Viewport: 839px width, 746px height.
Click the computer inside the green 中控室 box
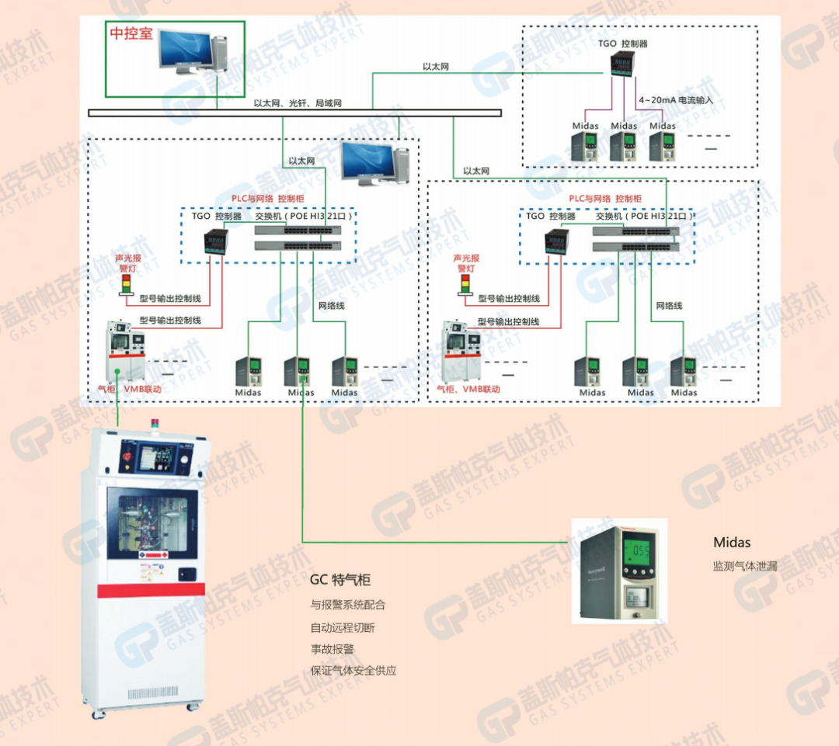pos(185,54)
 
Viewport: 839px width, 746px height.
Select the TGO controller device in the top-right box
pos(622,64)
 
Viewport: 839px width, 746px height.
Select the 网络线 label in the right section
pos(669,306)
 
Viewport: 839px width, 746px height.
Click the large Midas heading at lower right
pos(732,543)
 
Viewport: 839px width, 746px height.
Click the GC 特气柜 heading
pos(340,580)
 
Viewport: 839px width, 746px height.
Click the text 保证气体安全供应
pos(353,671)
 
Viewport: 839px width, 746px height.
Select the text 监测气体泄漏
pos(745,566)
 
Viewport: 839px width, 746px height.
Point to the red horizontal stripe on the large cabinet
pos(151,590)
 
